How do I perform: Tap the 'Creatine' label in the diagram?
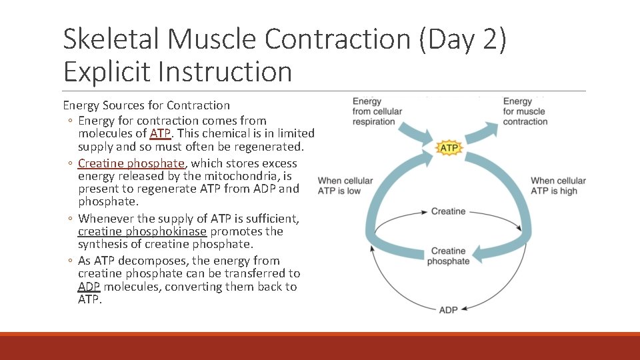click(x=448, y=211)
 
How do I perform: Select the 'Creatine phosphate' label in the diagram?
click(x=448, y=256)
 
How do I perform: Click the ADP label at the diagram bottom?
click(x=448, y=310)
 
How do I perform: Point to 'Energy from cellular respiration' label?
click(x=377, y=111)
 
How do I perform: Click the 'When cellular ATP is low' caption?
click(x=345, y=186)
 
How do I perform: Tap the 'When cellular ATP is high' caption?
click(x=558, y=186)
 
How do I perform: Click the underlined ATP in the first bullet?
click(x=161, y=133)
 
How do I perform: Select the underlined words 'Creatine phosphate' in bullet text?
click(x=131, y=163)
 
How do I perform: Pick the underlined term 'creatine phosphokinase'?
click(x=142, y=231)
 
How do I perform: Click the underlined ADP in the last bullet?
click(x=89, y=287)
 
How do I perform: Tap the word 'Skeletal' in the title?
click(x=111, y=40)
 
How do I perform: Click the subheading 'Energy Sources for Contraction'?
click(x=146, y=105)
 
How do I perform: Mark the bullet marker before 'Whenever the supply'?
click(x=70, y=219)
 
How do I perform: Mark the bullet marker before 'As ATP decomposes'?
click(x=70, y=261)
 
